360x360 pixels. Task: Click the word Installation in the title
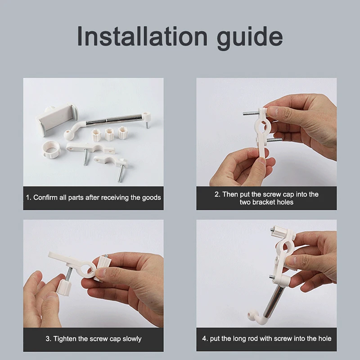tap(142, 36)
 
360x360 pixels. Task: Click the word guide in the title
tap(250, 38)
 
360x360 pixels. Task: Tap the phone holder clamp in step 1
tap(57, 119)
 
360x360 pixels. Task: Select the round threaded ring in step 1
tap(52, 149)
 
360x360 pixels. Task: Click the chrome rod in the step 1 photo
tap(114, 120)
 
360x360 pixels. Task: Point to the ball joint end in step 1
tap(68, 135)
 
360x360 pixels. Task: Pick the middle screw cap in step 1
tap(109, 134)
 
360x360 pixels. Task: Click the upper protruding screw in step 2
tap(251, 113)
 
